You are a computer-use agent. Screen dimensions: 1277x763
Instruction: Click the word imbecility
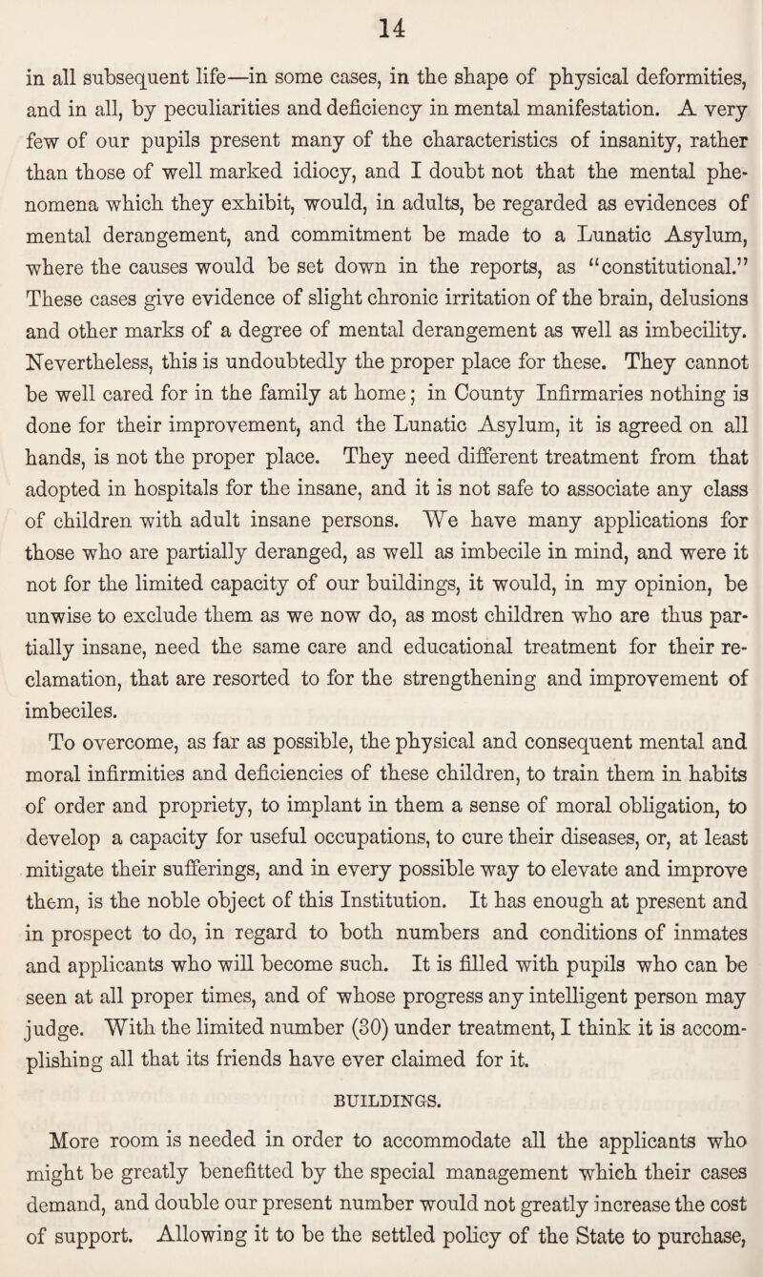click(x=675, y=335)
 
